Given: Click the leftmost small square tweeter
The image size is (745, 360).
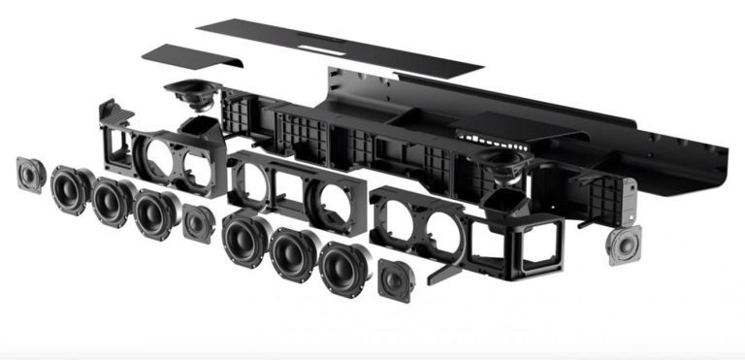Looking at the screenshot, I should tap(31, 175).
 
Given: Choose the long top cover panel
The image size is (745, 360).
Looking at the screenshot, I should tap(340, 44).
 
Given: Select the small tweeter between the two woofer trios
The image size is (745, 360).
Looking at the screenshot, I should tap(198, 223).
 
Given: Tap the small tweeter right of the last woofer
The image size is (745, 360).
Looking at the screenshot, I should tap(394, 278).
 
